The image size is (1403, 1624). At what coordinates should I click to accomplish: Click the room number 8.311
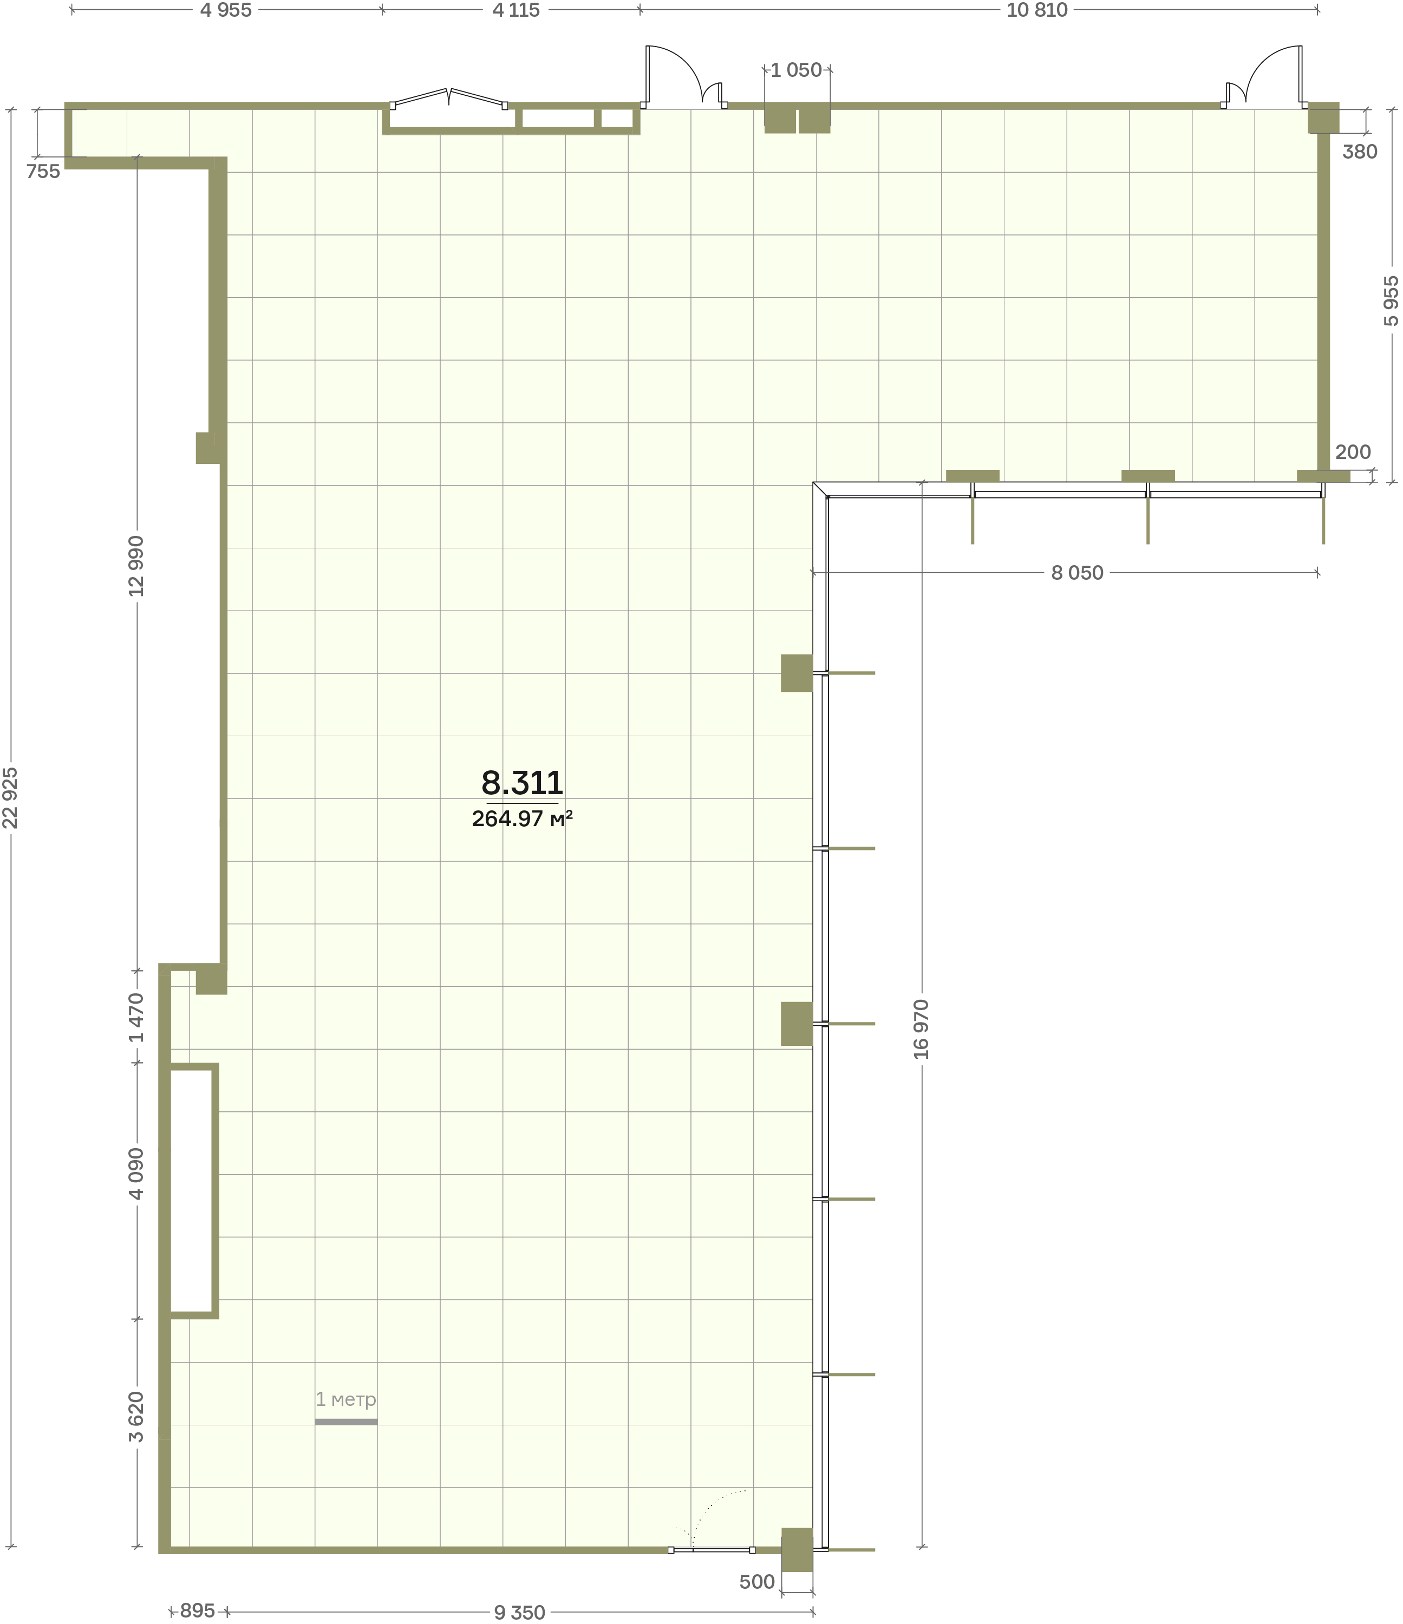522,782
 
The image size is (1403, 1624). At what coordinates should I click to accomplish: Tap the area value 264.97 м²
522,819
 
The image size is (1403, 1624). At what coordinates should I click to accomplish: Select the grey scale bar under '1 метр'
345,1422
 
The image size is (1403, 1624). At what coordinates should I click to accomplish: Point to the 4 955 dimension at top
226,10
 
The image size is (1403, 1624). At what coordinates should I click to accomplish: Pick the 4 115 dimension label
515,10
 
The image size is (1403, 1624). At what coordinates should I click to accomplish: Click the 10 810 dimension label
1037,10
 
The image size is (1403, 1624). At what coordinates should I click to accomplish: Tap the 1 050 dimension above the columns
797,70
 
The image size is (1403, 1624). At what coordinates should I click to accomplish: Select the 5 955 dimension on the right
1391,301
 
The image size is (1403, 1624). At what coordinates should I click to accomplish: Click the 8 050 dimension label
1077,573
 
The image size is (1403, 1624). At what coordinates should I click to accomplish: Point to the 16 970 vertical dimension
922,1029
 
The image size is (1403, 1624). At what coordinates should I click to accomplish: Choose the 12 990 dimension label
137,566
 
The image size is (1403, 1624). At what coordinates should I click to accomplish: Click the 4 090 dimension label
137,1174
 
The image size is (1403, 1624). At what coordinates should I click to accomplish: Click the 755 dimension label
43,172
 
